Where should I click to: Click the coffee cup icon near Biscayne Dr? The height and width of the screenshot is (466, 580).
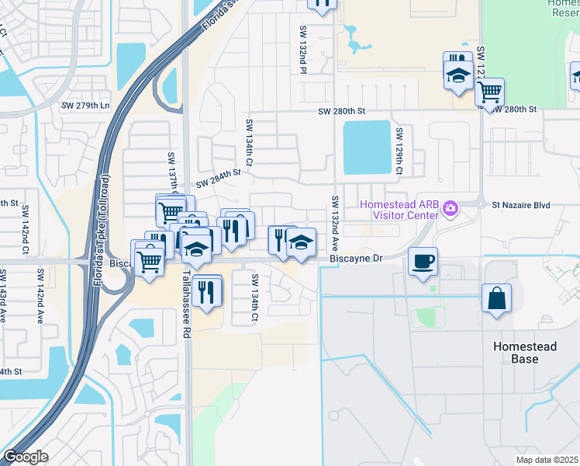[423, 261]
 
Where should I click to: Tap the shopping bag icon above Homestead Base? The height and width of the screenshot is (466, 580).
[495, 298]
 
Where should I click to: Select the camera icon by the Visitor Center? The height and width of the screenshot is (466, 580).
[452, 206]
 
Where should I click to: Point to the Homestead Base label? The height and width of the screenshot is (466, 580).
[524, 353]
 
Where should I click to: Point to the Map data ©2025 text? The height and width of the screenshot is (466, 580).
[546, 460]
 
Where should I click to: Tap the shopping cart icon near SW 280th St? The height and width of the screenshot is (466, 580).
[489, 92]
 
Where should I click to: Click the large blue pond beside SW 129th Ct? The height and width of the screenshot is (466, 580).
[366, 147]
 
